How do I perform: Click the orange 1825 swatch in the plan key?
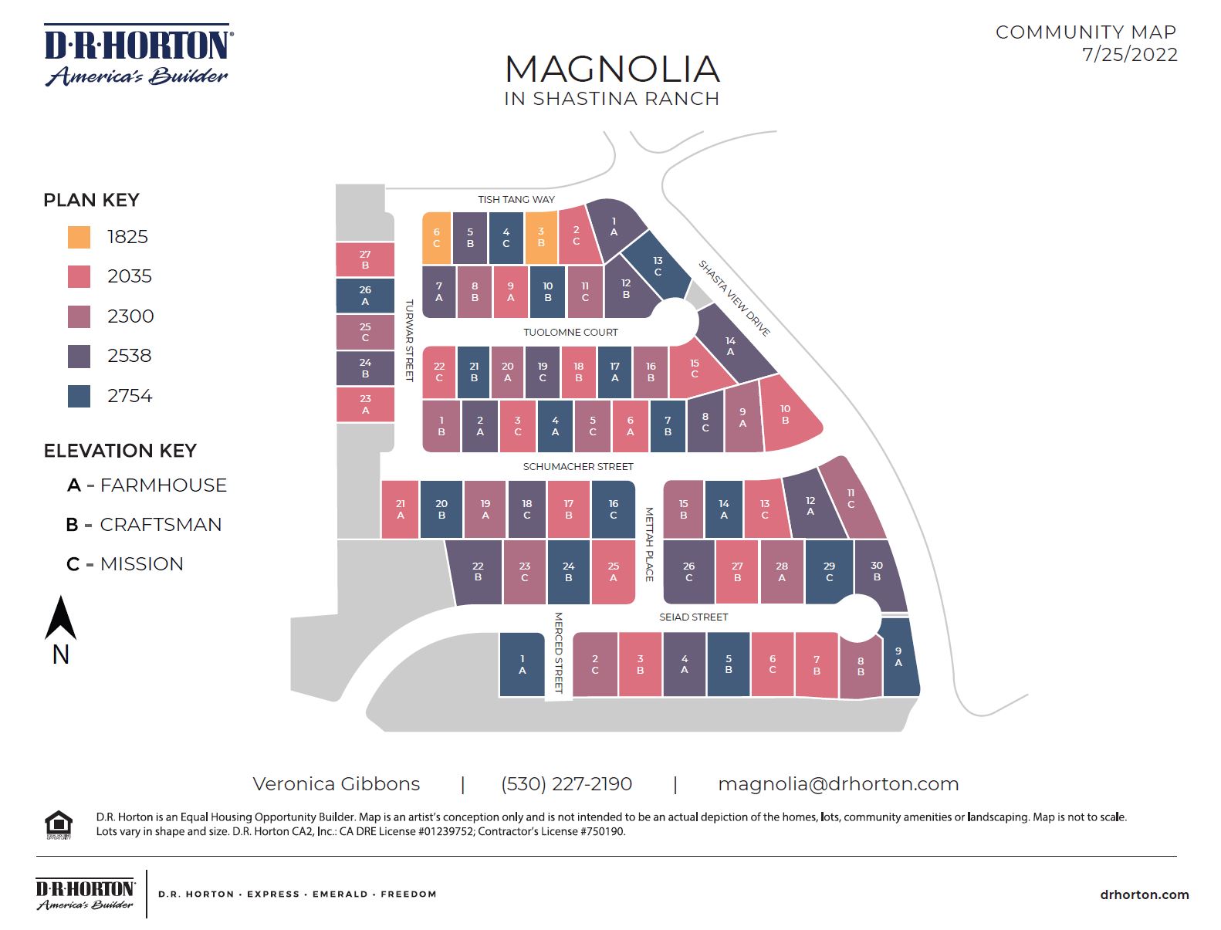pyautogui.click(x=79, y=237)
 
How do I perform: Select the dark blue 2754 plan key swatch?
pyautogui.click(x=79, y=396)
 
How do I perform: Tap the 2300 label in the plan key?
pyautogui.click(x=130, y=316)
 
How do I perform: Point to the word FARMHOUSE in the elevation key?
pyautogui.click(x=164, y=485)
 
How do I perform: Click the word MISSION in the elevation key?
pyautogui.click(x=142, y=564)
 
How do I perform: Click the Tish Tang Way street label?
pyautogui.click(x=516, y=199)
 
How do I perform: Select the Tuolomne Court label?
pyautogui.click(x=570, y=333)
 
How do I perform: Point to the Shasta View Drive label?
pyautogui.click(x=734, y=298)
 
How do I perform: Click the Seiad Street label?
pyautogui.click(x=693, y=617)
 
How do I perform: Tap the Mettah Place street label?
pyautogui.click(x=649, y=544)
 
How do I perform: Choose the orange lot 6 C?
pyautogui.click(x=436, y=238)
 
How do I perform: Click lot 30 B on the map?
pyautogui.click(x=878, y=572)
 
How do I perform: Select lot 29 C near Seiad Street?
pyautogui.click(x=829, y=572)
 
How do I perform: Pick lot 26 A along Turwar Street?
pyautogui.click(x=365, y=296)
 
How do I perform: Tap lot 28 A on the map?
pyautogui.click(x=782, y=572)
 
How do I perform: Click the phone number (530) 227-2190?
pyautogui.click(x=567, y=784)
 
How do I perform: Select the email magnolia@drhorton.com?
pyautogui.click(x=838, y=784)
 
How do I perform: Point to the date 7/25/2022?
pyautogui.click(x=1129, y=55)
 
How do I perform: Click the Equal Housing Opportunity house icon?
pyautogui.click(x=59, y=824)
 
